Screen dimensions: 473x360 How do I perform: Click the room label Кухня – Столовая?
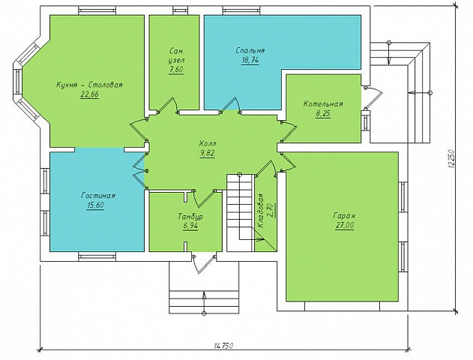click(x=89, y=85)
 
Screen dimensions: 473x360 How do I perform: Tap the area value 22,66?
click(x=89, y=94)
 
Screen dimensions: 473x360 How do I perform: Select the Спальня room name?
click(x=250, y=50)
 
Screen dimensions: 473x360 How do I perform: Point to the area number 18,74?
click(x=250, y=60)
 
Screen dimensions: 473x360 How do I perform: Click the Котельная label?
click(x=323, y=103)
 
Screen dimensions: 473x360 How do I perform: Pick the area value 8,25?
click(x=323, y=114)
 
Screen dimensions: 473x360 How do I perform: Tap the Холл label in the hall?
click(x=207, y=144)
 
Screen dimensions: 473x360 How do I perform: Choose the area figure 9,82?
click(x=207, y=154)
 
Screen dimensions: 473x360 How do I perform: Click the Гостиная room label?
click(x=98, y=196)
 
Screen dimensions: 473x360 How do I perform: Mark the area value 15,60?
click(x=95, y=205)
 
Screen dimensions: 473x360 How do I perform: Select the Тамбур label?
click(x=190, y=217)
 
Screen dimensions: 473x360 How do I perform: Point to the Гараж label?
click(x=345, y=216)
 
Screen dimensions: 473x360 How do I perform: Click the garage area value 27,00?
click(x=345, y=226)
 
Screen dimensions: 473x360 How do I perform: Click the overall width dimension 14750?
click(x=224, y=346)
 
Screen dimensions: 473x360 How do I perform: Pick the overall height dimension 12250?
click(x=451, y=158)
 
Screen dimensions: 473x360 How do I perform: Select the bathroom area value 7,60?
click(x=176, y=70)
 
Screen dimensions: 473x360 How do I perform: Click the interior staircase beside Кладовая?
click(x=240, y=212)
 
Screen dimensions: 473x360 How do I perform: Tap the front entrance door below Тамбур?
click(x=205, y=263)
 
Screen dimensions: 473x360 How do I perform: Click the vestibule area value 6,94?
click(x=190, y=226)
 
